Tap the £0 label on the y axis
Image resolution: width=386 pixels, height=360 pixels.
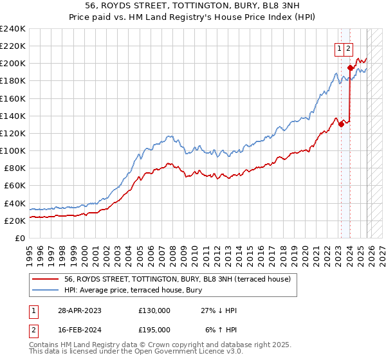[21, 238]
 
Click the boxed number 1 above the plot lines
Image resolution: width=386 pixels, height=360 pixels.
[338, 47]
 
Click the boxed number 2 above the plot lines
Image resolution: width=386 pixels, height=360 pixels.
[348, 47]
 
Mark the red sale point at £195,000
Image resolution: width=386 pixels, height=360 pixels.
[350, 67]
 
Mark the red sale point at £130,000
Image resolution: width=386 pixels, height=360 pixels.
[341, 124]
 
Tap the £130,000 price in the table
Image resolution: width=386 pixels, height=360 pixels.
[154, 310]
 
